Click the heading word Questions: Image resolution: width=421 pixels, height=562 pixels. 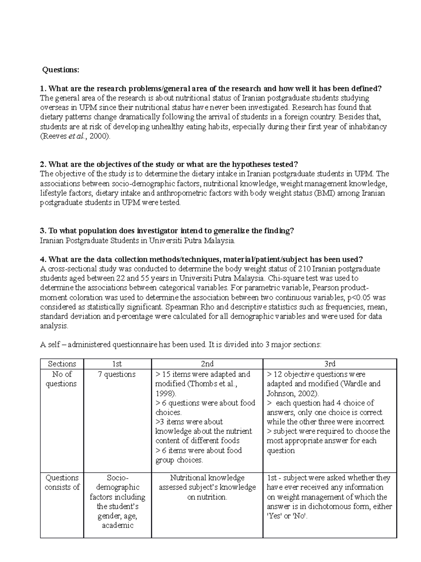(x=61, y=70)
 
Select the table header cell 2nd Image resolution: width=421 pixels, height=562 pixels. (x=207, y=364)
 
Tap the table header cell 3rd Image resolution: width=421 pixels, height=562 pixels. (x=329, y=364)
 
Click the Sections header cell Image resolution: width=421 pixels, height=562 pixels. (x=62, y=364)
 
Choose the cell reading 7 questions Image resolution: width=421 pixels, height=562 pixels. (x=116, y=374)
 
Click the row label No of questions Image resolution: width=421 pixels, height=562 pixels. (x=61, y=379)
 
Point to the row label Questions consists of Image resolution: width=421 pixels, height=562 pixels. (x=62, y=482)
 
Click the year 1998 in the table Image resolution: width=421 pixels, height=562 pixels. (x=165, y=393)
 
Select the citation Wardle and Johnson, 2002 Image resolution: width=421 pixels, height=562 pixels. (x=323, y=388)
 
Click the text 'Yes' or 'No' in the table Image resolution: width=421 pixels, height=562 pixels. (x=287, y=516)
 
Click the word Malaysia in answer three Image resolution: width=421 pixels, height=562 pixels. (x=219, y=241)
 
